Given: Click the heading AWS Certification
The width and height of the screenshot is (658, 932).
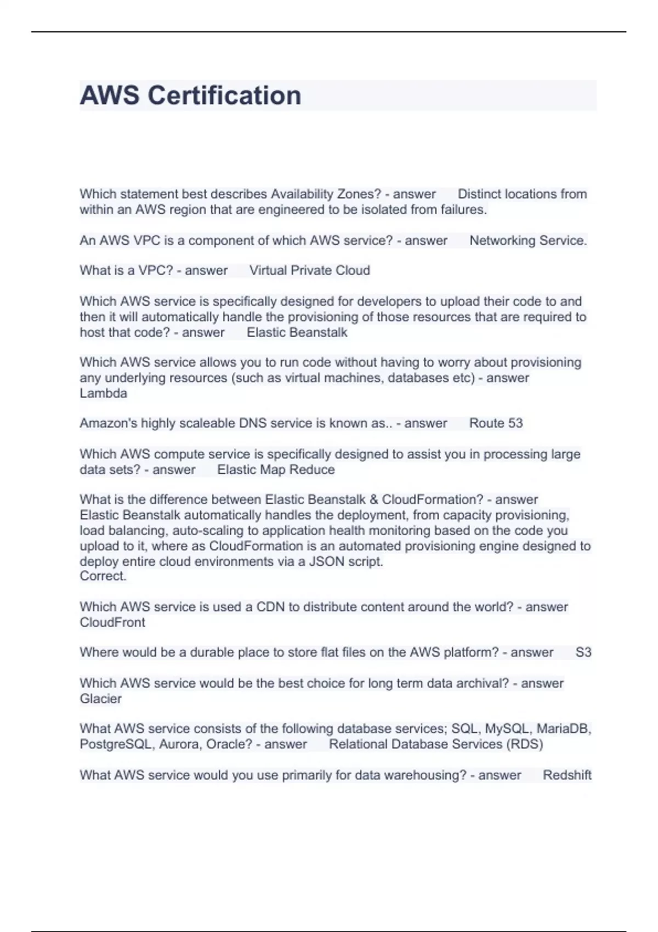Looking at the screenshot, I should [x=190, y=95].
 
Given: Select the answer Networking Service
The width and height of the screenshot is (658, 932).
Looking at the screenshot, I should [x=528, y=240].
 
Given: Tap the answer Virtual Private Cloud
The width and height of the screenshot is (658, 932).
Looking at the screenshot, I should [x=309, y=270].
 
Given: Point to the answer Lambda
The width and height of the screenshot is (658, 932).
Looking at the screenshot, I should [x=103, y=393].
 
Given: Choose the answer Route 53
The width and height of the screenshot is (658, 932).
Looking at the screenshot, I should [x=496, y=423].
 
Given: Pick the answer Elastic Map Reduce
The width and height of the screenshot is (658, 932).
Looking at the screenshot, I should [x=276, y=469].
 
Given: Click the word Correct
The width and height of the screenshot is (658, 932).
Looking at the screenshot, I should [x=103, y=576].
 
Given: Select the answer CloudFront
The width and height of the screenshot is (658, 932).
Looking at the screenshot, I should [x=112, y=622].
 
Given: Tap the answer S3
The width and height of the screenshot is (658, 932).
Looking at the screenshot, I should [x=583, y=652].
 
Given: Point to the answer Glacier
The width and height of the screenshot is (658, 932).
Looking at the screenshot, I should [x=100, y=698].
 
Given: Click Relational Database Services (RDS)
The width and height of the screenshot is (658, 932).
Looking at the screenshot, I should [x=436, y=744].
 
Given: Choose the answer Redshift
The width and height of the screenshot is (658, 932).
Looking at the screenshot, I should [x=566, y=775].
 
